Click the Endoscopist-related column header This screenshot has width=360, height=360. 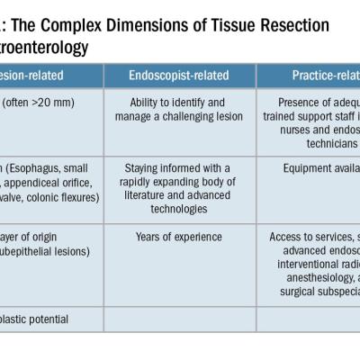(179, 76)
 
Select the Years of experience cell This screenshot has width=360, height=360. (179, 237)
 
